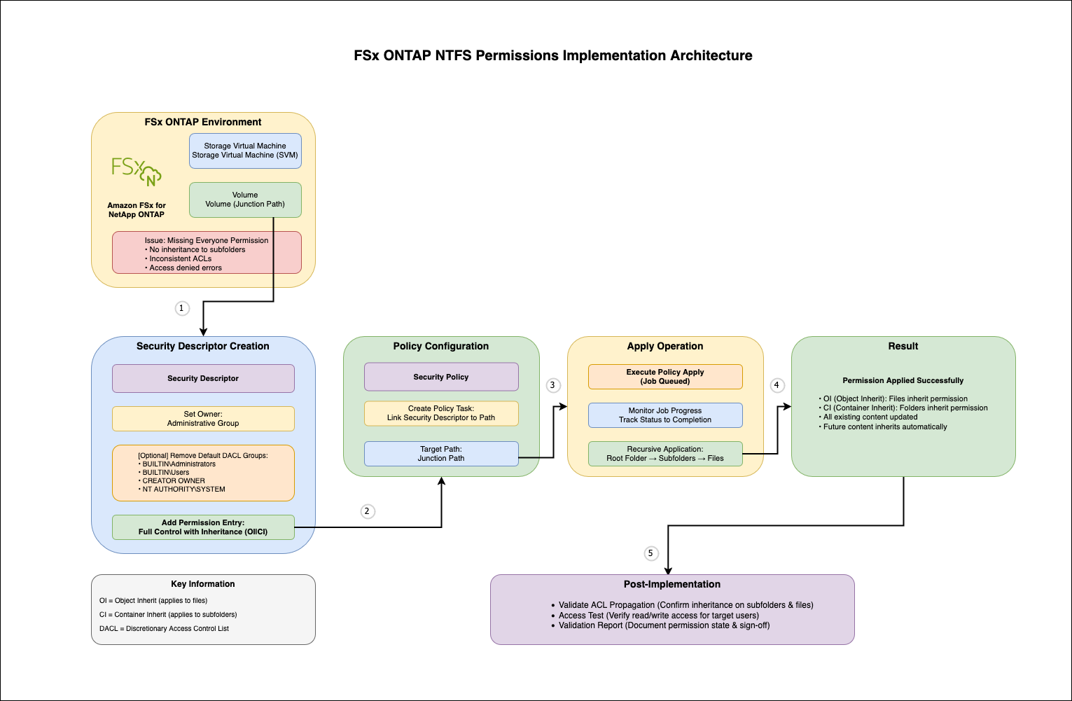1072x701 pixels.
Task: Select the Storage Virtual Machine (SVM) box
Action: tap(245, 151)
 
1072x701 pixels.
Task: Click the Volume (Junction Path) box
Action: tap(245, 200)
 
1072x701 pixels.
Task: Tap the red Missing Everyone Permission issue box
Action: tap(207, 253)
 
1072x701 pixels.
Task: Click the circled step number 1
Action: tap(181, 308)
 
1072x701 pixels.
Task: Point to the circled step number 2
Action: tap(367, 511)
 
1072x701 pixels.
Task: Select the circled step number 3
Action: tap(552, 385)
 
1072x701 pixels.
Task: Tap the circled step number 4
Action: tap(776, 385)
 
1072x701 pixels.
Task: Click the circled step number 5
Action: tap(650, 553)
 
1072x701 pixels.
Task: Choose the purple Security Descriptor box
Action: tap(203, 378)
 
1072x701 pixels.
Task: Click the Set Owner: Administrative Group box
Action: tap(203, 419)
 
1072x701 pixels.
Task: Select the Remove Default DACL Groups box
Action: tap(203, 473)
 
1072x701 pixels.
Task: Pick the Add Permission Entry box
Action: tap(203, 527)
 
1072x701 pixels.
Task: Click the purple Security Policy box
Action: tap(441, 377)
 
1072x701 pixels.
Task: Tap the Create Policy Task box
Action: tap(441, 413)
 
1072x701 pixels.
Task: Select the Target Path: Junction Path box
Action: tap(441, 454)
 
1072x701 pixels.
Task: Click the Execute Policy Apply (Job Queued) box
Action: tap(665, 377)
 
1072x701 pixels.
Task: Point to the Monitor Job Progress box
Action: tap(665, 415)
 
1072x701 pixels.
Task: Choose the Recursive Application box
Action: tap(665, 454)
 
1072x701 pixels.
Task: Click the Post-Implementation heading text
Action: tap(672, 584)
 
